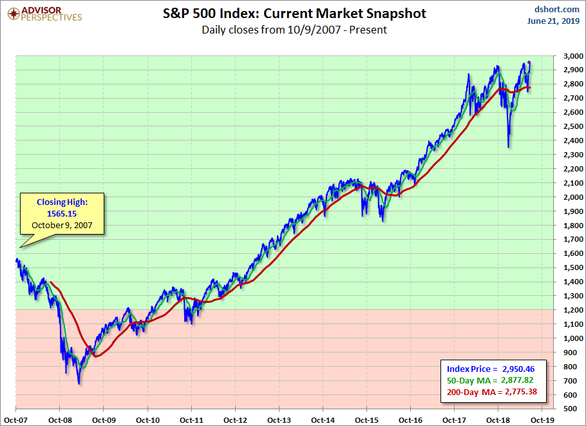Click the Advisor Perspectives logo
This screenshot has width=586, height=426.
click(x=43, y=14)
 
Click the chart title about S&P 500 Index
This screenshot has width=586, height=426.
click(x=294, y=14)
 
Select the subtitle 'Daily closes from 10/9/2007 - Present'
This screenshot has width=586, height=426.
click(x=294, y=30)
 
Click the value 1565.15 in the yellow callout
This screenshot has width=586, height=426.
click(x=62, y=213)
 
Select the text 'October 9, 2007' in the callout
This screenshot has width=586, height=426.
click(x=62, y=226)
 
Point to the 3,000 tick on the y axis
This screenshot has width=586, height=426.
click(x=569, y=56)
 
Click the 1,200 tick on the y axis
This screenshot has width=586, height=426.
click(x=569, y=309)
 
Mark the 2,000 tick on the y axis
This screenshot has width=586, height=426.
click(x=569, y=197)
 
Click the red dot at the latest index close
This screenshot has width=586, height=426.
click(x=529, y=63)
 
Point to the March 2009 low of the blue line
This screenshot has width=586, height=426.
click(x=79, y=383)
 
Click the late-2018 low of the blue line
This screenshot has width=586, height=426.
click(x=509, y=147)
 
